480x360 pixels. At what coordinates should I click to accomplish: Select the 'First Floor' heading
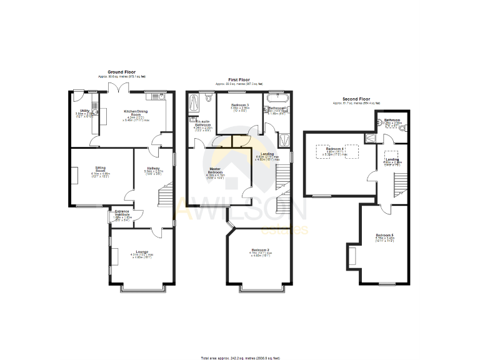[239, 80]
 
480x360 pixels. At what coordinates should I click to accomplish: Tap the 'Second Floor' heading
[356, 99]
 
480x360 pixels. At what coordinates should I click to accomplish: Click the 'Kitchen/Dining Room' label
[130, 114]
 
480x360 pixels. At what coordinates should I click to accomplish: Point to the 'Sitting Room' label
[100, 169]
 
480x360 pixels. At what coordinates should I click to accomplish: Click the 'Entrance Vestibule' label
[122, 213]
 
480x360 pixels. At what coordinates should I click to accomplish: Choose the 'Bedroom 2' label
[260, 250]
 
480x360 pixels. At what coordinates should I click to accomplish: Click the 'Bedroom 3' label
[240, 105]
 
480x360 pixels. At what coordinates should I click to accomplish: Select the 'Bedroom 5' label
[384, 236]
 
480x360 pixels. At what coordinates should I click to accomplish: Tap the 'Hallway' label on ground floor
[153, 168]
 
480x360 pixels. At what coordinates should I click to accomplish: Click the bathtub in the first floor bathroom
[276, 98]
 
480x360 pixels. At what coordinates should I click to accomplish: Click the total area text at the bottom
[240, 357]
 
